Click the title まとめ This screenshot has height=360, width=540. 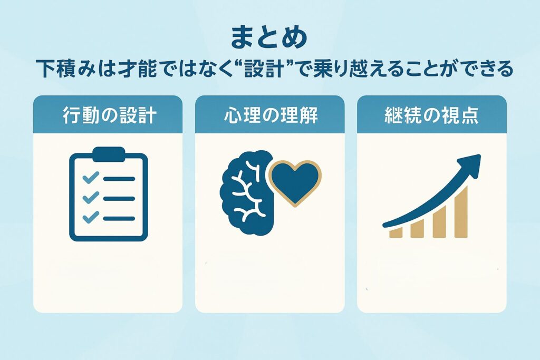[269, 37]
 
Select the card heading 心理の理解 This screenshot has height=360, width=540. [271, 115]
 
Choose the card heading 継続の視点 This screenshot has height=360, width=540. [431, 115]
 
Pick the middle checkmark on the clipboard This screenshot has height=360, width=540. [91, 197]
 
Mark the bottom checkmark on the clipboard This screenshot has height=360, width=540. [91, 217]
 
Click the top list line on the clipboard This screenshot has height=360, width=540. [119, 179]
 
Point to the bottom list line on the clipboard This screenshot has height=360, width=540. [119, 219]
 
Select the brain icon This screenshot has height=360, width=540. [247, 193]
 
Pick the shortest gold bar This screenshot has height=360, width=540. [396, 232]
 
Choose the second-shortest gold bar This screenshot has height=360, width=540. [418, 228]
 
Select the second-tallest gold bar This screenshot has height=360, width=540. [439, 222]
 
